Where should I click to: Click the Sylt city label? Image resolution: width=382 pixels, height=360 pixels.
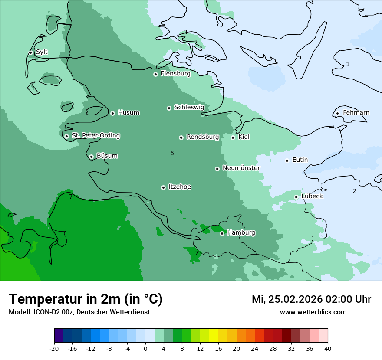42,52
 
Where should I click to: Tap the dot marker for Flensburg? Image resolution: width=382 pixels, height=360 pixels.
155,74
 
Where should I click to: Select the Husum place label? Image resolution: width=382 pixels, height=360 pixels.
128,113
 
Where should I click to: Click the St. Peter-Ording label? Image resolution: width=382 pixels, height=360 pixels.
95,136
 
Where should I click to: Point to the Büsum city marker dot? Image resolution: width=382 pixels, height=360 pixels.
91,157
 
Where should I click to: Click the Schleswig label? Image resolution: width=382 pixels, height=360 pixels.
189,107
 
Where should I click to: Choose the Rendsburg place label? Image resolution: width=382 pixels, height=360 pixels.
203,137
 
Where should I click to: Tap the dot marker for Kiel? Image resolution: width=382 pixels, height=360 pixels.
233,137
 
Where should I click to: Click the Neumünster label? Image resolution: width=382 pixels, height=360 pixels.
241,168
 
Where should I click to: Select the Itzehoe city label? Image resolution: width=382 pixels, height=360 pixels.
180,187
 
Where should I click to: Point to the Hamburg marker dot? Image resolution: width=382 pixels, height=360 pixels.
222,233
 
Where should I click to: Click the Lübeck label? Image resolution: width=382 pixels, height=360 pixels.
312,196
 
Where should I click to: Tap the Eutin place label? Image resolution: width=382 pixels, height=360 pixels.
300,160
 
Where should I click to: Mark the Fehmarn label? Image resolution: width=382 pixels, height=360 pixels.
356,113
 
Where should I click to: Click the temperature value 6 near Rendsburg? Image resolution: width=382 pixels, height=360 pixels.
172,153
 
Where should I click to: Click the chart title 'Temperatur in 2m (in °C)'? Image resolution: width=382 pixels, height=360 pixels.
86,299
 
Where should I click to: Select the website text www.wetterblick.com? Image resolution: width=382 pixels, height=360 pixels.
313,312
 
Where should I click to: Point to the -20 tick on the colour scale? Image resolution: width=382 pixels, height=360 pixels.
54,348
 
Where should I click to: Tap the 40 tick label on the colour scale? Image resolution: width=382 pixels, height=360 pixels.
327,348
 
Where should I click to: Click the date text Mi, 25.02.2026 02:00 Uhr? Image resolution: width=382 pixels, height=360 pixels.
311,299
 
